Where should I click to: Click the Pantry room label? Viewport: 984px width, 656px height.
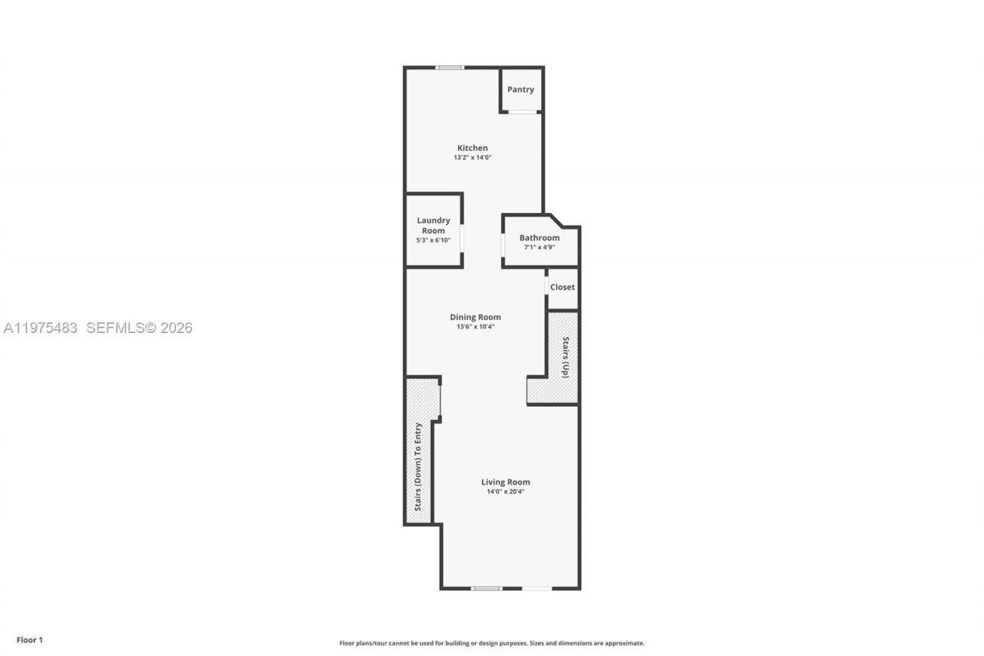coord(520,89)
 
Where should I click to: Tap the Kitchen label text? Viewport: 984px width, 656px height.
coord(472,148)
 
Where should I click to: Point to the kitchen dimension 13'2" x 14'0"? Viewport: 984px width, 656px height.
coord(472,158)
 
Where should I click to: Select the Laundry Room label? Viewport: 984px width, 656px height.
coord(434,225)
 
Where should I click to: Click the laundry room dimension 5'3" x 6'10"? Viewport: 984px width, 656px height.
coord(434,240)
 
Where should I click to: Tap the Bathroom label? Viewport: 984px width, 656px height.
coord(539,238)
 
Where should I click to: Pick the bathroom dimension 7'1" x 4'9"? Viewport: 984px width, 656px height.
coord(539,248)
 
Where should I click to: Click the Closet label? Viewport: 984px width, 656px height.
coord(562,287)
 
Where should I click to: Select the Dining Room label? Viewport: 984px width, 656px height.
coord(475,317)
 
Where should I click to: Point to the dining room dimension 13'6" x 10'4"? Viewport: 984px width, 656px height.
coord(475,327)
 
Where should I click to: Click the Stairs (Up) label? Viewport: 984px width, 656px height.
coord(566,357)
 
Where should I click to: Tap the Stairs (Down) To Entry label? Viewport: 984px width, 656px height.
coord(418,467)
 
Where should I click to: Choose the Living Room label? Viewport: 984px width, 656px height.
coord(506,482)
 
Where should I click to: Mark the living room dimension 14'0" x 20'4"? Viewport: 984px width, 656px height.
coord(506,491)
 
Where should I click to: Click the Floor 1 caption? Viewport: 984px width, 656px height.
coord(30,640)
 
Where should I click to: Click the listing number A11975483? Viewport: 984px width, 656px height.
coord(41,328)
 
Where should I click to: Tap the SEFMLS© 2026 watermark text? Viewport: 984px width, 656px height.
coord(139,328)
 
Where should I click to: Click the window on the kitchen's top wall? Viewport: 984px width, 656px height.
coord(449,68)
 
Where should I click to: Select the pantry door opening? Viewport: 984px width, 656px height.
coord(522,112)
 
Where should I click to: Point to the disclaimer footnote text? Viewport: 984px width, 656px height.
coord(492,643)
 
